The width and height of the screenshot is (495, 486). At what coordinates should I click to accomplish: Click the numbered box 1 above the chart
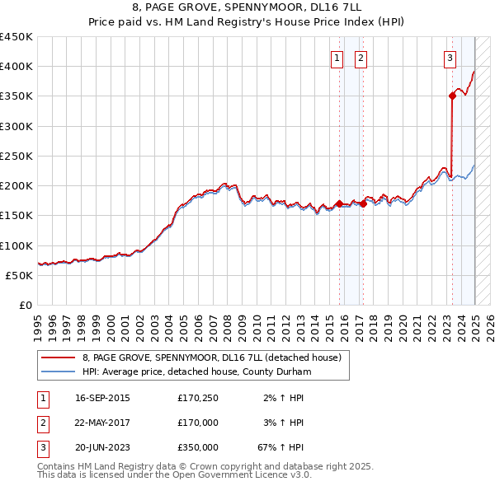[x=337, y=58]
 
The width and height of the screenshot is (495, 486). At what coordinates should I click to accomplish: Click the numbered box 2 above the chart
[x=361, y=58]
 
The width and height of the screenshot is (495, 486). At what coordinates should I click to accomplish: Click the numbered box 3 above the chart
[x=450, y=58]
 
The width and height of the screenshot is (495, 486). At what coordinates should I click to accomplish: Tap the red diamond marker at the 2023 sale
[x=452, y=96]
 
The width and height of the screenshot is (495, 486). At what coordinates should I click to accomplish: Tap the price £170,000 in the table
[x=198, y=423]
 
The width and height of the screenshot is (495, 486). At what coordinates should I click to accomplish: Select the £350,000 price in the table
[x=198, y=447]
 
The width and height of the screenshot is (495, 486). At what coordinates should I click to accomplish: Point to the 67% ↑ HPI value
[x=281, y=447]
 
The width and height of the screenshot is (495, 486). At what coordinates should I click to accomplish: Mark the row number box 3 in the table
[x=42, y=447]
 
